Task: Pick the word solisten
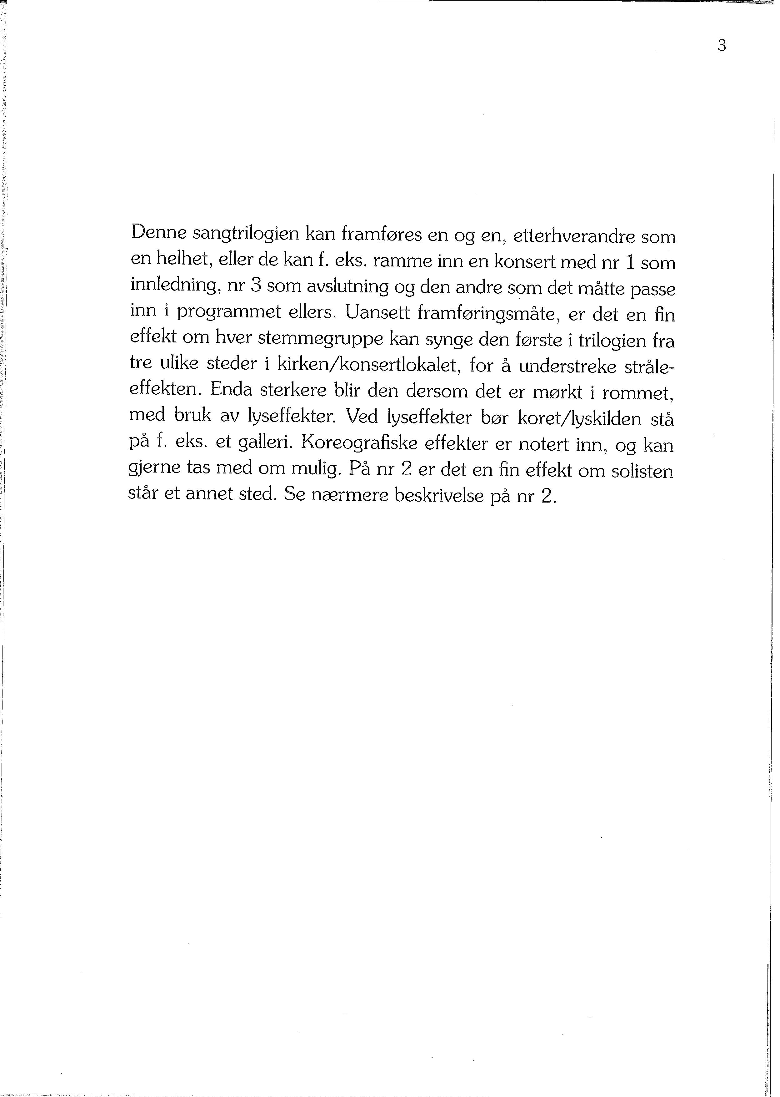(x=642, y=471)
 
